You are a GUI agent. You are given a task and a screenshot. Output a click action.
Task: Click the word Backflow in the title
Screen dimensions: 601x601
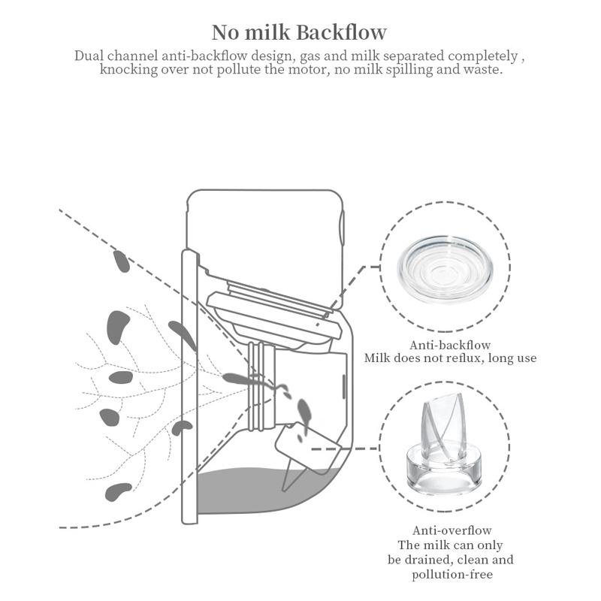click(x=342, y=32)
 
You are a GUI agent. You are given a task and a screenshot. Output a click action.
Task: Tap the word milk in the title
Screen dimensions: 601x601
click(x=267, y=32)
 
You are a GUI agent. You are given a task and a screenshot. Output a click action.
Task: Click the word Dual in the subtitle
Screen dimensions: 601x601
click(x=89, y=56)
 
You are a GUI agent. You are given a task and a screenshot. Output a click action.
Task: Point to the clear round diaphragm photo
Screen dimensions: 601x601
click(x=445, y=267)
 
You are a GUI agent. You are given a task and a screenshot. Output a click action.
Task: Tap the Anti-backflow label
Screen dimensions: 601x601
click(x=450, y=345)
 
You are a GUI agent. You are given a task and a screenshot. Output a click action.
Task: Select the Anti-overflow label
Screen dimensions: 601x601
click(x=452, y=530)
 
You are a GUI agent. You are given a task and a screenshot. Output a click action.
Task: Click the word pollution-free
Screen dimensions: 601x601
click(x=452, y=574)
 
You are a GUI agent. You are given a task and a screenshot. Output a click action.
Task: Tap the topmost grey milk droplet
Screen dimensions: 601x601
click(x=122, y=261)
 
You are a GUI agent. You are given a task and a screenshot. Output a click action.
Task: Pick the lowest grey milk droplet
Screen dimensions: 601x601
click(x=118, y=492)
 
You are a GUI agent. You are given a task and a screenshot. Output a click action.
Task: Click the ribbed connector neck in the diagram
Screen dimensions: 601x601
click(x=261, y=386)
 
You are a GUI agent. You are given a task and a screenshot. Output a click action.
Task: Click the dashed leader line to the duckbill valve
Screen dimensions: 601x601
click(x=345, y=448)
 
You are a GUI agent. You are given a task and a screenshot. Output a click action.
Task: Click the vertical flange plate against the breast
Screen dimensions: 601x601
click(x=190, y=387)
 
